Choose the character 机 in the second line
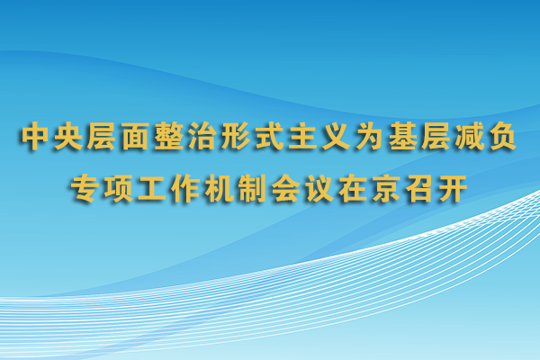219,188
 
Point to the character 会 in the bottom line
286,188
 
